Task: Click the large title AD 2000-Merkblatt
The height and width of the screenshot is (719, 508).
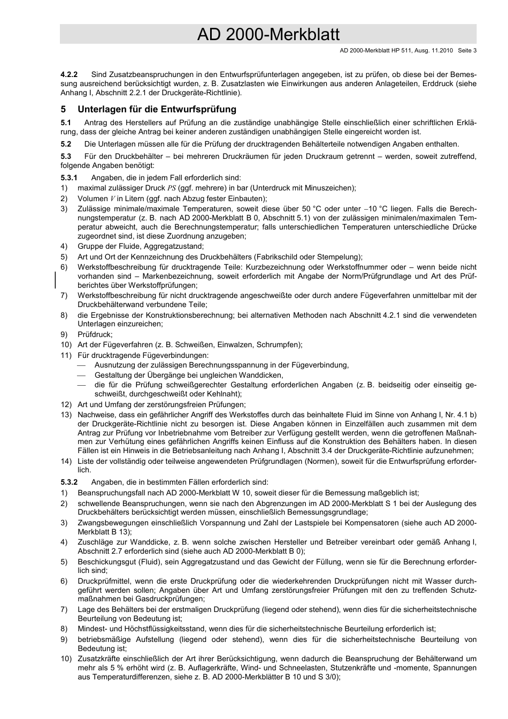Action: [268, 35]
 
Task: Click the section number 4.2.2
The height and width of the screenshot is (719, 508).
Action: [69, 74]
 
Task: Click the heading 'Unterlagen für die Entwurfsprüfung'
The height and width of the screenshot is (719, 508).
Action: [157, 109]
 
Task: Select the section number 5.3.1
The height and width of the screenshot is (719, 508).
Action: [69, 178]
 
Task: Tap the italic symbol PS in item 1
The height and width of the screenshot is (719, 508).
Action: [172, 188]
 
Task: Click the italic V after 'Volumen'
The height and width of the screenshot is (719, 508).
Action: [112, 198]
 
